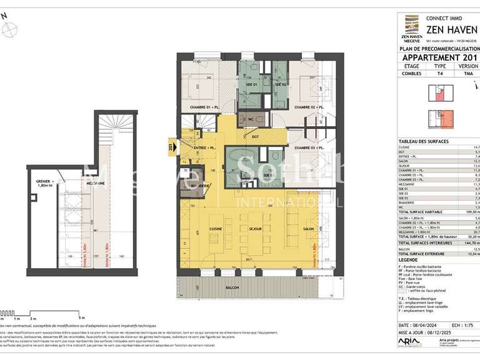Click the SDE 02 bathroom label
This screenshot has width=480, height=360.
pos(279,84)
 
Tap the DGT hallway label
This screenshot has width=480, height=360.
pos(255,136)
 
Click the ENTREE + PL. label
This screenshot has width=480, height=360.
pos(203,147)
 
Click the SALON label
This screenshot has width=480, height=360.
pos(309,229)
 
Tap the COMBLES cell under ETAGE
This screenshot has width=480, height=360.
pos(412,73)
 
